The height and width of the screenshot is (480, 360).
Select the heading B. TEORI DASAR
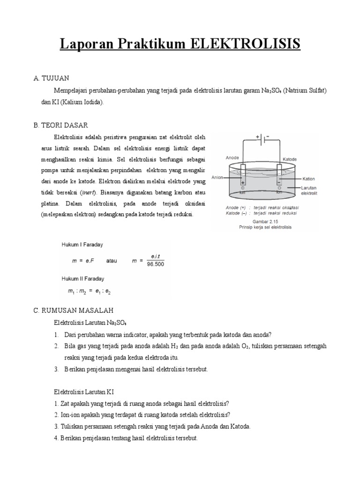pos(60,125)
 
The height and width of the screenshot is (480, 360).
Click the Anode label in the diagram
pos(232,158)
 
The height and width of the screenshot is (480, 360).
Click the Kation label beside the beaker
pos(308,179)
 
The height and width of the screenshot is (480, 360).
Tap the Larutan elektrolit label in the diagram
pos(308,190)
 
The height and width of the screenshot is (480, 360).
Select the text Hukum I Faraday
pos(82,245)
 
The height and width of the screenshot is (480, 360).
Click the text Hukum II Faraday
pos(83,278)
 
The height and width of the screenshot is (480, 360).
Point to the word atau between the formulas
pos(113,261)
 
